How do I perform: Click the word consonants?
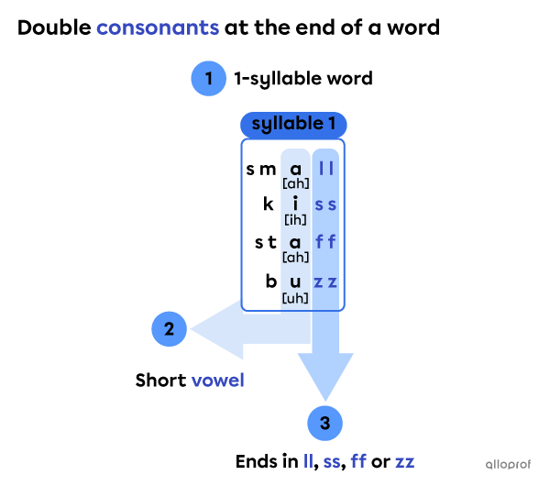[158, 28]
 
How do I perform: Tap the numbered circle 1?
[209, 79]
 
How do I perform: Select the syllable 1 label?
[293, 124]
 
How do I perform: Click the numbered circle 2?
[170, 328]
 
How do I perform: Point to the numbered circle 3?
[324, 423]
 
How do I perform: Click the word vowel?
[217, 381]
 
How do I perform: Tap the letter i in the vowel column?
[295, 204]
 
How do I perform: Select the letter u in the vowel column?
[295, 282]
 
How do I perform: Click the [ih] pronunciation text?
[295, 220]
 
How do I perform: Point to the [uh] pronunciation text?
[295, 297]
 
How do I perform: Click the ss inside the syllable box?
[325, 204]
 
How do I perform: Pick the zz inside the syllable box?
[325, 282]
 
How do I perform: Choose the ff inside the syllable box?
[325, 243]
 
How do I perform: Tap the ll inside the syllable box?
[325, 167]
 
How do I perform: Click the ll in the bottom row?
[308, 461]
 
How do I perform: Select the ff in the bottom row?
[358, 461]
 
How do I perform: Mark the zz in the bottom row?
[404, 461]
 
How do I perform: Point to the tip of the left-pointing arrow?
[191, 329]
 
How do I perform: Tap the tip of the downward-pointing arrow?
[325, 400]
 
